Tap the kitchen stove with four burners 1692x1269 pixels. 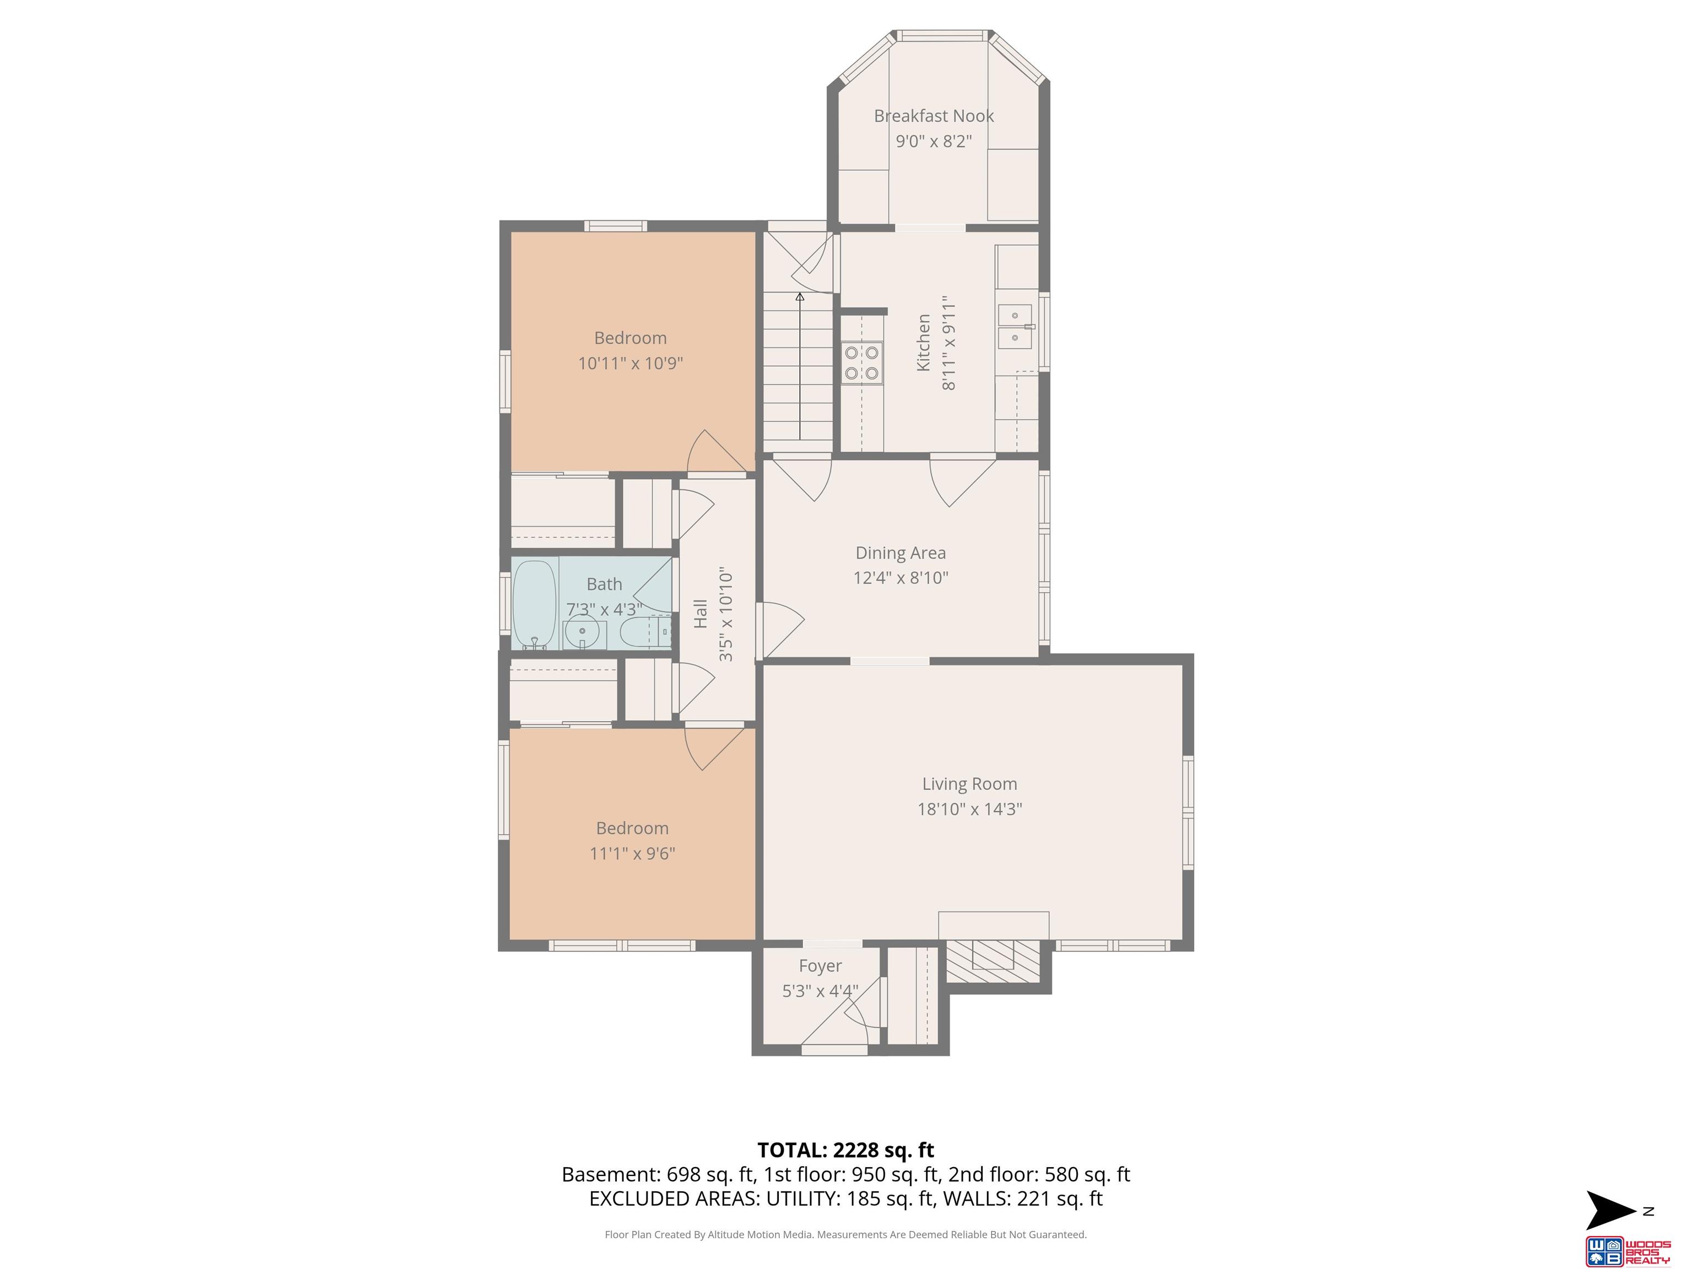[862, 362]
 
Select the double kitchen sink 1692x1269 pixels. [1015, 326]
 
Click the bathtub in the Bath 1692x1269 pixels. [534, 604]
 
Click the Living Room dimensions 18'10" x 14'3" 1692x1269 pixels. [969, 809]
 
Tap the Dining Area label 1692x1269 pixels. [901, 553]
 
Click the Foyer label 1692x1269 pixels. [820, 966]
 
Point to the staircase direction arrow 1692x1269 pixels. [800, 366]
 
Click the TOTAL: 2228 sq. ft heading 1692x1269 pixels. [845, 1151]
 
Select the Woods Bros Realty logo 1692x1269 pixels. [1627, 1251]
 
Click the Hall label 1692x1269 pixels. [701, 614]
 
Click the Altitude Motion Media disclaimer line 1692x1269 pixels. [845, 1235]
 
